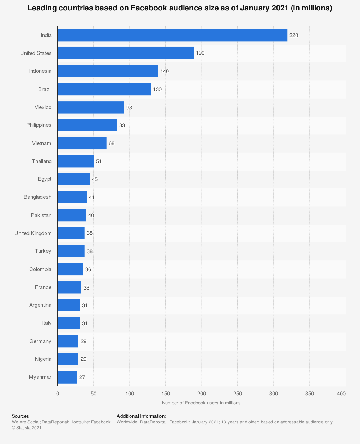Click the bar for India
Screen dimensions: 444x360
pyautogui.click(x=172, y=35)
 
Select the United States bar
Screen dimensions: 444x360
pyautogui.click(x=126, y=53)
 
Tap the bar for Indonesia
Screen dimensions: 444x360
pyautogui.click(x=108, y=71)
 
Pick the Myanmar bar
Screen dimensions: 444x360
pyautogui.click(x=67, y=377)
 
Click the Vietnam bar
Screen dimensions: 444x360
pyautogui.click(x=82, y=143)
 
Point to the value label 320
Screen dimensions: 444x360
pyautogui.click(x=294, y=35)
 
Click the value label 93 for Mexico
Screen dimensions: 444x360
pyautogui.click(x=129, y=107)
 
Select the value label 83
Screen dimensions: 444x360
pyautogui.click(x=122, y=125)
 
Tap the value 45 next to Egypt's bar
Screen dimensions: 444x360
pyautogui.click(x=95, y=179)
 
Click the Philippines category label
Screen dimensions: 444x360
pyautogui.click(x=39, y=125)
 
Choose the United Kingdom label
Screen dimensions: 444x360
pyautogui.click(x=33, y=233)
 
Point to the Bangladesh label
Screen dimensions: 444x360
pyautogui.click(x=37, y=197)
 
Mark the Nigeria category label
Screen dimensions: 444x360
pyautogui.click(x=43, y=359)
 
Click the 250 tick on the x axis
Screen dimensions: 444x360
pyautogui.click(x=238, y=394)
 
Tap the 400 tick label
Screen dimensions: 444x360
pyautogui.click(x=341, y=394)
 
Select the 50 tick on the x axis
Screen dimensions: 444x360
pyautogui.click(x=94, y=394)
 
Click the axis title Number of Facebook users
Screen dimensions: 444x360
pyautogui.click(x=201, y=403)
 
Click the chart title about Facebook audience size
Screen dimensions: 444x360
pyautogui.click(x=180, y=8)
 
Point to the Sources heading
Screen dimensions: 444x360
pyautogui.click(x=20, y=416)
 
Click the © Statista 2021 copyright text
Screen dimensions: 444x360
pyautogui.click(x=27, y=428)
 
